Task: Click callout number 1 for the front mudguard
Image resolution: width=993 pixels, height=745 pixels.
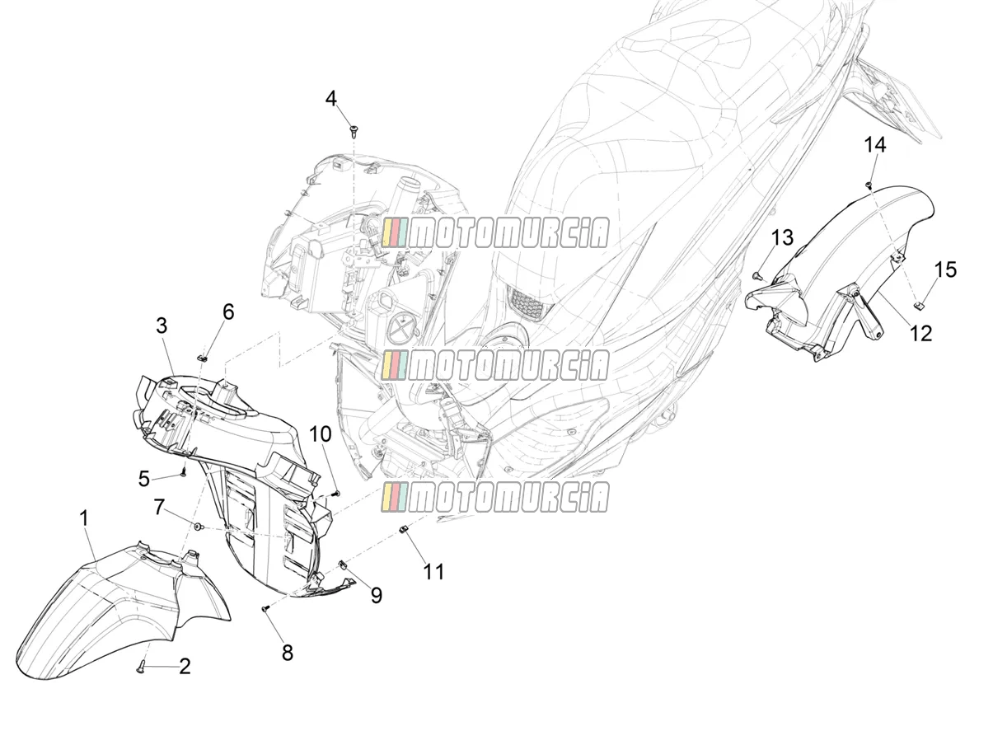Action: pos(84,519)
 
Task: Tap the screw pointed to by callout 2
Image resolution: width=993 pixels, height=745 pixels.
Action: pos(141,666)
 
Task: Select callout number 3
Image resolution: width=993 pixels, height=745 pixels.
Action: pos(162,326)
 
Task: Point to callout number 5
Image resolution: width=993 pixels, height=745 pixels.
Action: pos(144,479)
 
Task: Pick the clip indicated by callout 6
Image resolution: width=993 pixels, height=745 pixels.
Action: pos(203,358)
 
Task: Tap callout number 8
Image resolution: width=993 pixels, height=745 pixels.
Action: pos(288,653)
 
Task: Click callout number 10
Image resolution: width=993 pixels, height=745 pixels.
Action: pos(321,434)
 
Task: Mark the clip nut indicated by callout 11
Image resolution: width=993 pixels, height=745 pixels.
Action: pos(402,529)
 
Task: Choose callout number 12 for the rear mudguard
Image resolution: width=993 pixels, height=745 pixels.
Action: pos(922,334)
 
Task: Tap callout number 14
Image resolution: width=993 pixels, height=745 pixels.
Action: pos(875,145)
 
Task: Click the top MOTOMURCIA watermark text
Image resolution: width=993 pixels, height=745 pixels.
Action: pos(495,232)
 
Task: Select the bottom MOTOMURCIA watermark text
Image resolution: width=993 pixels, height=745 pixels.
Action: pos(495,497)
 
